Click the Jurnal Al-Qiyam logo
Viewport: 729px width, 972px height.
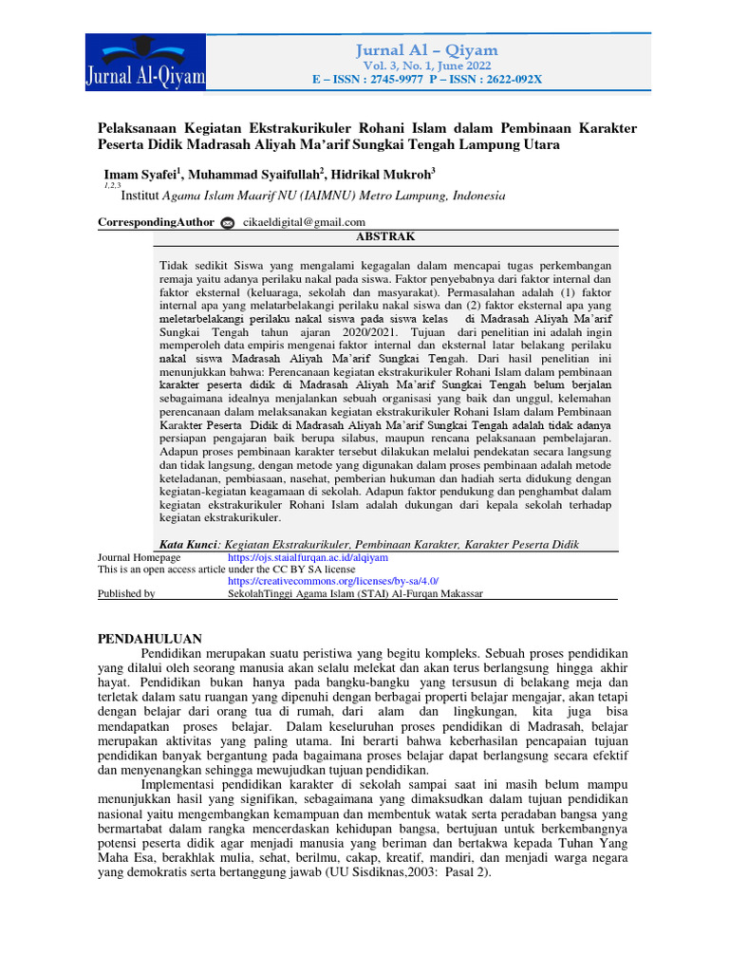(x=144, y=64)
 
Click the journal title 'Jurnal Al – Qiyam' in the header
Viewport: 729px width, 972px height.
(x=426, y=50)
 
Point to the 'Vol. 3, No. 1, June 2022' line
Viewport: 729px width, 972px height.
(x=426, y=65)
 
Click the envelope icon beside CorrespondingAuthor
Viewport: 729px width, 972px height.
(x=227, y=222)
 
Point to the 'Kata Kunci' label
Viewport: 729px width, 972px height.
(x=188, y=544)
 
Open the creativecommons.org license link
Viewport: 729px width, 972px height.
(x=333, y=580)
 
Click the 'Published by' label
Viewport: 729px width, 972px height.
(x=127, y=593)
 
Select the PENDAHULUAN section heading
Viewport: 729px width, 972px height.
(x=150, y=638)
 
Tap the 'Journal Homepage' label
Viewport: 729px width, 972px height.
(x=140, y=557)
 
